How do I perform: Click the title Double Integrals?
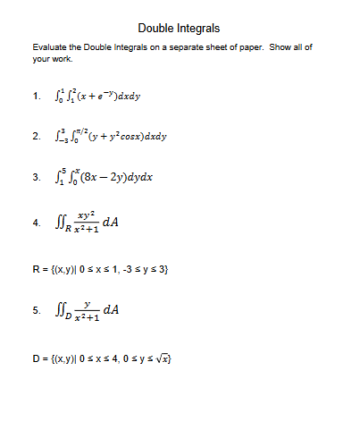(x=179, y=29)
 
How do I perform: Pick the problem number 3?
(x=35, y=177)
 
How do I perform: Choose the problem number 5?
(x=35, y=312)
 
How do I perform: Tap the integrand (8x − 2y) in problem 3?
(x=105, y=176)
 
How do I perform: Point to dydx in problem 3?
(x=140, y=176)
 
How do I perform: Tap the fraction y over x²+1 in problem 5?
(x=86, y=312)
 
